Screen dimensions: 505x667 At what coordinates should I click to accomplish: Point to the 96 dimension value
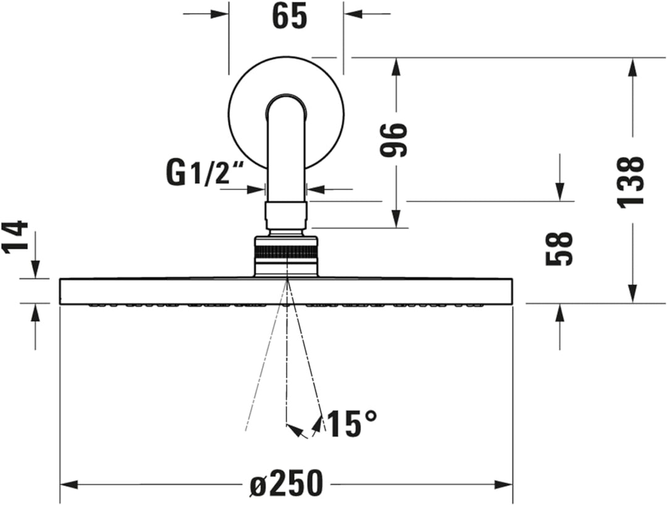pos(394,140)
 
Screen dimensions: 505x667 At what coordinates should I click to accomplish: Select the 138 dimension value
pos(632,181)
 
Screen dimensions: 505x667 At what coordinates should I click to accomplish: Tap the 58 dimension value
pos(560,249)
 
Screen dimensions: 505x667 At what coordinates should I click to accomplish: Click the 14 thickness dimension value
pos(16,236)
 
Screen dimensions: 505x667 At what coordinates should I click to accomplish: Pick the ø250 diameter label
pos(286,483)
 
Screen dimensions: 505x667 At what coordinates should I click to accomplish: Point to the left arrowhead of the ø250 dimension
pos(67,483)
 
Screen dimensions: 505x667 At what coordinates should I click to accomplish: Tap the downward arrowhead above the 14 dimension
pos(35,271)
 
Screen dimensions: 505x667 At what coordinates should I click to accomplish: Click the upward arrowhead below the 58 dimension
pos(560,312)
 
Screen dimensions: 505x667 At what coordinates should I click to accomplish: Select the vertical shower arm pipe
pos(286,154)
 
